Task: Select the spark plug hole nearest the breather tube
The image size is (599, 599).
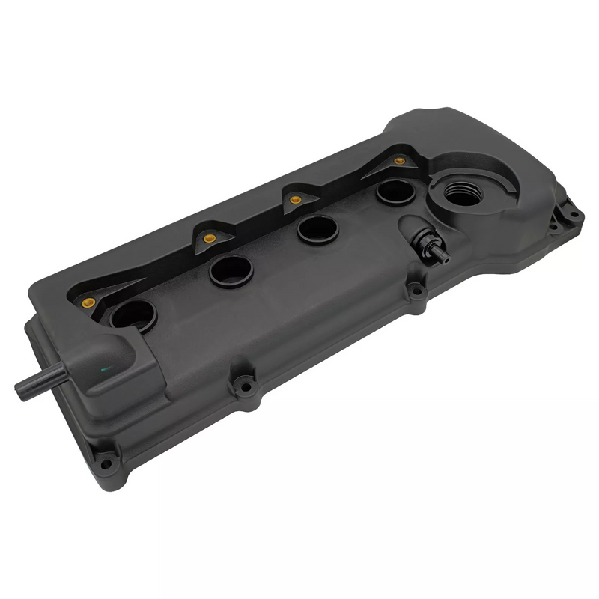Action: click(133, 315)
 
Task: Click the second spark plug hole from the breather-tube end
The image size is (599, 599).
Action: click(231, 271)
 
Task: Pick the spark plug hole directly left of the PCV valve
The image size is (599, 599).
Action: click(317, 229)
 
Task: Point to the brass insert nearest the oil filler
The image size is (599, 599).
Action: click(399, 161)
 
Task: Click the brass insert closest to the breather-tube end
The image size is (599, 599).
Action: click(88, 302)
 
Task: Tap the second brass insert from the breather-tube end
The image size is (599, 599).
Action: click(209, 239)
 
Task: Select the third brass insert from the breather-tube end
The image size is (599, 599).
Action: click(296, 200)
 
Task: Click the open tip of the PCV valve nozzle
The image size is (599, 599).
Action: click(446, 259)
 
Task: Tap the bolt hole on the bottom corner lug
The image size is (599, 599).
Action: click(106, 463)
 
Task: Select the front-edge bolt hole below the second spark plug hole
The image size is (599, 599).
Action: click(243, 387)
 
